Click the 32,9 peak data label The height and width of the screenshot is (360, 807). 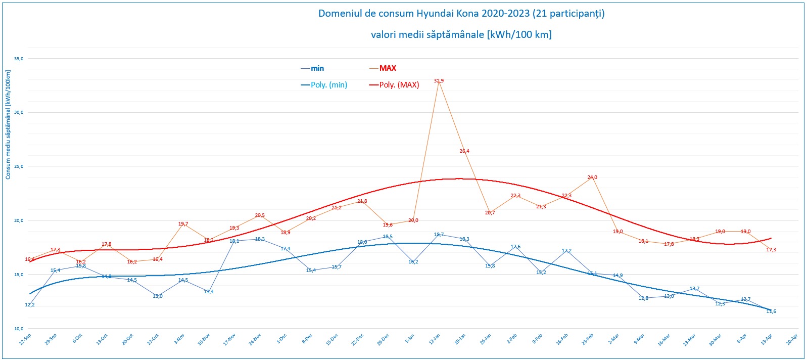(x=439, y=81)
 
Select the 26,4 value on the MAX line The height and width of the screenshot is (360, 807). (x=464, y=151)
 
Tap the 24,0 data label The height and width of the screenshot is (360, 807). (x=592, y=177)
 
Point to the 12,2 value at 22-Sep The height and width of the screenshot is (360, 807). (x=30, y=305)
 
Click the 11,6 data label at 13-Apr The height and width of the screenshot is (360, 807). (x=771, y=311)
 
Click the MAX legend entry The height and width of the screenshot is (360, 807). (x=388, y=68)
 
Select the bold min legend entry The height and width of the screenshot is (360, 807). (x=317, y=68)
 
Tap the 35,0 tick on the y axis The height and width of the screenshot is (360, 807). (x=19, y=59)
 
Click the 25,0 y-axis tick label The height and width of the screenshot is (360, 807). (x=19, y=166)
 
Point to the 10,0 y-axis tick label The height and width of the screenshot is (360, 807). (x=19, y=329)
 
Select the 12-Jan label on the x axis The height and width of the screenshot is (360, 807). (x=434, y=339)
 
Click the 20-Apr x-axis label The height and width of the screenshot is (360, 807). (x=792, y=339)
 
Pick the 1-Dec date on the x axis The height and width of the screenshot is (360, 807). (x=281, y=339)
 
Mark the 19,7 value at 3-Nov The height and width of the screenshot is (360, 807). (x=183, y=224)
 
